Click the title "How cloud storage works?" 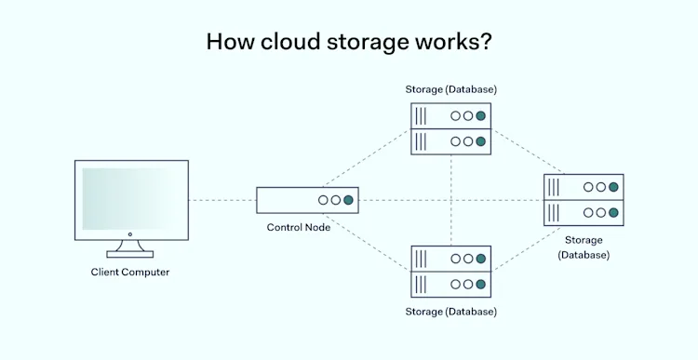tap(349, 42)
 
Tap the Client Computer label tap(130, 273)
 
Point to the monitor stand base tap(130, 253)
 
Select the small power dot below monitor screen tap(130, 234)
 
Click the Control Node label tap(298, 228)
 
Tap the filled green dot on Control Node tap(349, 200)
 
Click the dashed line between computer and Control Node tap(222, 200)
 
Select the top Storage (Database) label tap(450, 89)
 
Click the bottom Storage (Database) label tap(450, 311)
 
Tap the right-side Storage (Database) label tap(584, 247)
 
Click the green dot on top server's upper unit tap(481, 116)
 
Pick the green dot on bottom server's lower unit tap(481, 284)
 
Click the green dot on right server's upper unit tap(613, 187)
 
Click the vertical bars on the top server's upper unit tap(422, 116)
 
